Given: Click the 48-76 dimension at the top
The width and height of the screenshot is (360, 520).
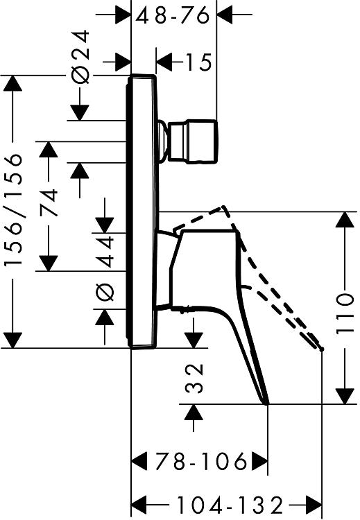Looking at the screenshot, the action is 173,15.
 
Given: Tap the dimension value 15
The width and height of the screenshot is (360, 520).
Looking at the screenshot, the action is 198,62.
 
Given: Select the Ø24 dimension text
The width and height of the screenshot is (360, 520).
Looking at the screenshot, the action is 80,56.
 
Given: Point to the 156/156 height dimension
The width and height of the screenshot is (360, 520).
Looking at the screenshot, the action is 14,209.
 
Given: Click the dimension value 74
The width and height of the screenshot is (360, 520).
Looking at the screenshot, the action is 49,202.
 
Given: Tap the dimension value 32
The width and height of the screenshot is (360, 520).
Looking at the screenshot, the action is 194,378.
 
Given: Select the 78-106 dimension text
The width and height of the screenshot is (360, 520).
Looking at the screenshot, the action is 201,461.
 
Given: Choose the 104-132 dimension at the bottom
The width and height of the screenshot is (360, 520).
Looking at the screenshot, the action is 230,505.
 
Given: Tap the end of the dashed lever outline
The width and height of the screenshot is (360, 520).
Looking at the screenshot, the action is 322,349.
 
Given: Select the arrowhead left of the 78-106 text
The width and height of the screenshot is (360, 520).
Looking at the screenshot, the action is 139,461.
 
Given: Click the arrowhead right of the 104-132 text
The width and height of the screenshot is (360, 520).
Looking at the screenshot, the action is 314,505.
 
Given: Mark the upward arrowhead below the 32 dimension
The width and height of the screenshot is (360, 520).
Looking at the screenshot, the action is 194,413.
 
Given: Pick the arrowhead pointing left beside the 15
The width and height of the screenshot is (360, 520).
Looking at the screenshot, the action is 164,62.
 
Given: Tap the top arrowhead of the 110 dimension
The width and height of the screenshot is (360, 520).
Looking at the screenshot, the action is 345,219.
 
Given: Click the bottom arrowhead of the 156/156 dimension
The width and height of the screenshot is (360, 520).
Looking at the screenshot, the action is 13,340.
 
